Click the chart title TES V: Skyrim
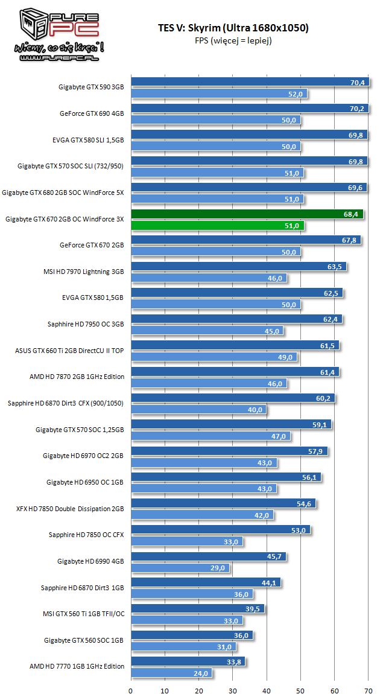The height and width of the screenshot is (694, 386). (x=232, y=28)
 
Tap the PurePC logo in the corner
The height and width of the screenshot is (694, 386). (x=58, y=33)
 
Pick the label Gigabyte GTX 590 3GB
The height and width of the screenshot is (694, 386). (x=91, y=88)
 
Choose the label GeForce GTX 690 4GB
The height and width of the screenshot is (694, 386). (x=92, y=113)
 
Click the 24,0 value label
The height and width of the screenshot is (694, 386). (x=201, y=673)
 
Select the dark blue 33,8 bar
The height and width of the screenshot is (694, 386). (x=188, y=661)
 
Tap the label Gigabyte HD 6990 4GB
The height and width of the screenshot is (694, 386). (x=90, y=561)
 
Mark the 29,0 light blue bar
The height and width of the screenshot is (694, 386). (x=180, y=568)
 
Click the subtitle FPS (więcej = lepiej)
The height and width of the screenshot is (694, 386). (x=232, y=41)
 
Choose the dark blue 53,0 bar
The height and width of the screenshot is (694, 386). (x=220, y=530)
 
